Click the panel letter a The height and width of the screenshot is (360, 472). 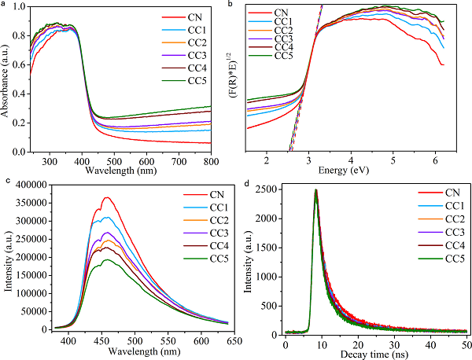click(x=4, y=4)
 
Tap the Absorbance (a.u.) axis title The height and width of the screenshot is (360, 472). click(x=6, y=79)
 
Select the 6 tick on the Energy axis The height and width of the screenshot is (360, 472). click(x=437, y=160)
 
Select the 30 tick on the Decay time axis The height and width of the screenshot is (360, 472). click(x=394, y=343)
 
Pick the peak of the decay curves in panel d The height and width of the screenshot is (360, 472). click(x=315, y=191)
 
